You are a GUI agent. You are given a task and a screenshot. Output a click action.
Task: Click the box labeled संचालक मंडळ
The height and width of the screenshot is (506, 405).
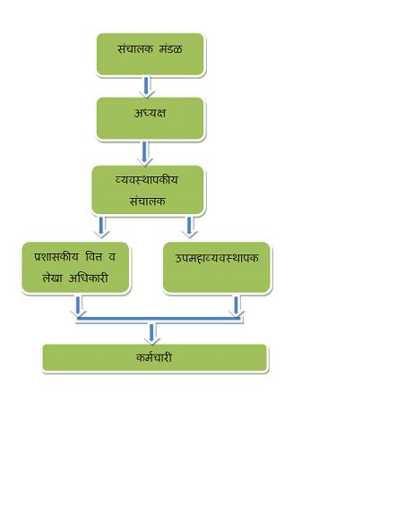(151, 55)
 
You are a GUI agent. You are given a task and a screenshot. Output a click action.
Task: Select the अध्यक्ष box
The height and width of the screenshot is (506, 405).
(151, 118)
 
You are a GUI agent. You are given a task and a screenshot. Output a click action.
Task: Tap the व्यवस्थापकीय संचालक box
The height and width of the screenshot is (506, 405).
(148, 190)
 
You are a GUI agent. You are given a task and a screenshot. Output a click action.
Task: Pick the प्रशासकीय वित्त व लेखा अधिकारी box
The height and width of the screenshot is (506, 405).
(76, 267)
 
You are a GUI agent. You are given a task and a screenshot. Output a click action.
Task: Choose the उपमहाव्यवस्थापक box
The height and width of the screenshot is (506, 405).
(217, 267)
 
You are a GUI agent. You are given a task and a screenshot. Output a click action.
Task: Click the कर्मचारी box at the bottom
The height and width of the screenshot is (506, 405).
(154, 357)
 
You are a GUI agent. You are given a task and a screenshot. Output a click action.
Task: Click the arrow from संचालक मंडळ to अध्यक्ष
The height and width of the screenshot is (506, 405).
(147, 86)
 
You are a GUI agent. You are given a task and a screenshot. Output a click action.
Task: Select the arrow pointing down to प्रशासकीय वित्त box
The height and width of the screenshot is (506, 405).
(102, 226)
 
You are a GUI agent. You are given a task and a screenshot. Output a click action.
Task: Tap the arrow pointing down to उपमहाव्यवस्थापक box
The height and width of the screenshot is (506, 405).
(190, 226)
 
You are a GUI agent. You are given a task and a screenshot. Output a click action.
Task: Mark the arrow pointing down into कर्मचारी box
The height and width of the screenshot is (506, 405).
(153, 332)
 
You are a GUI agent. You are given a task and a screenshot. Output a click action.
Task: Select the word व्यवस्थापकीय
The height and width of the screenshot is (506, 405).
(147, 179)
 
